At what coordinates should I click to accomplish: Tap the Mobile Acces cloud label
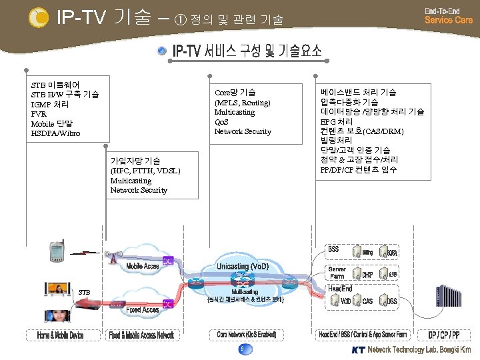[x=143, y=265]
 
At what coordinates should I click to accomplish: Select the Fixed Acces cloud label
[x=143, y=309]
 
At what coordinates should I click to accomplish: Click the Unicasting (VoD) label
[x=242, y=266]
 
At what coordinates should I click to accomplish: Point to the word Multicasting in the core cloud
[x=245, y=292]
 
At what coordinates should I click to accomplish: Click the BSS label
[x=333, y=249]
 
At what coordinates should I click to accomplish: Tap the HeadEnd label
[x=340, y=288]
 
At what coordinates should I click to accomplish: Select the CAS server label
[x=367, y=302]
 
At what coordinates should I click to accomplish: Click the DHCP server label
[x=367, y=274]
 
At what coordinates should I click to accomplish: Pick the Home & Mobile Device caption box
[x=60, y=335]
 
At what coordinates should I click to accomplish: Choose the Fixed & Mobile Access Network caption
[x=141, y=335]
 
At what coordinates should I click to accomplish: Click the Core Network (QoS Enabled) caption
[x=247, y=334]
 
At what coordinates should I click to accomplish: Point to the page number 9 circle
[x=241, y=349]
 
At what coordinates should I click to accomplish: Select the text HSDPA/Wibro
[x=55, y=133]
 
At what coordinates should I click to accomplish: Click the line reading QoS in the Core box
[x=221, y=122]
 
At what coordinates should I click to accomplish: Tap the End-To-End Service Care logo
[x=448, y=16]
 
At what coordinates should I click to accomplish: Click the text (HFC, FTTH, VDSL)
[x=145, y=171]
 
